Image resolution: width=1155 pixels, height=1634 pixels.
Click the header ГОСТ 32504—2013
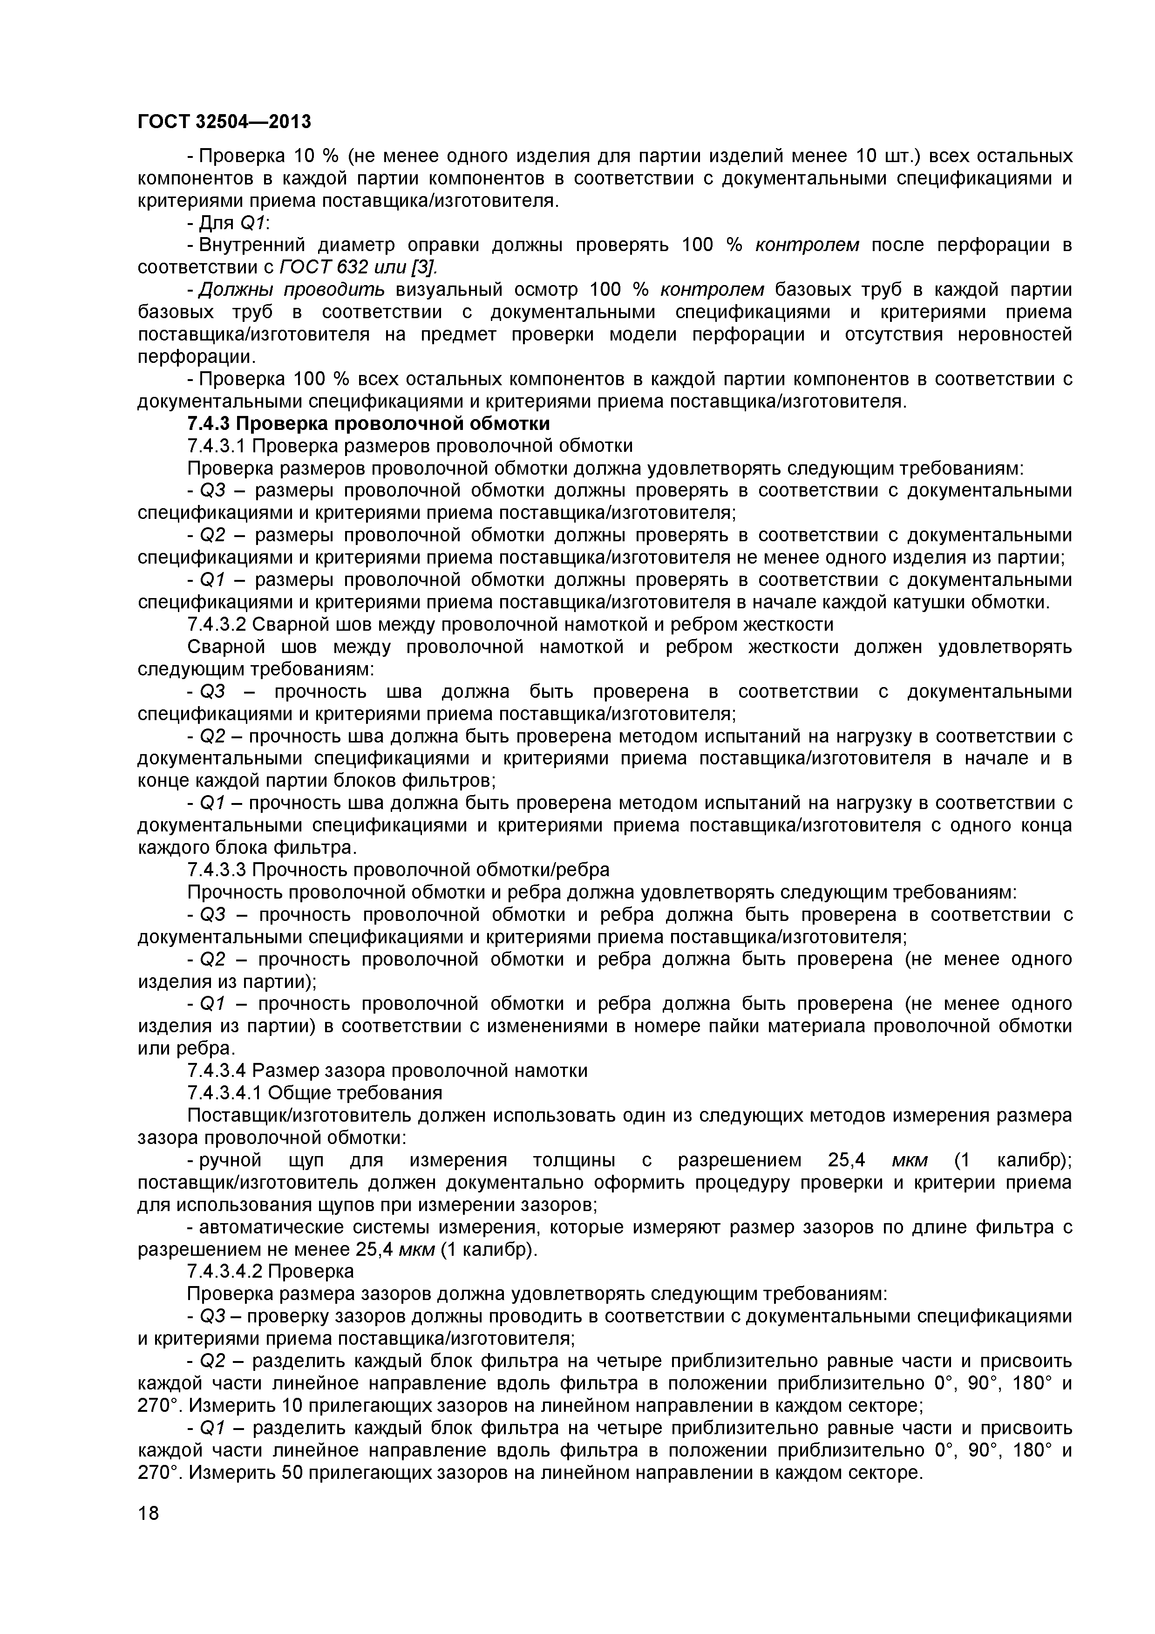224,122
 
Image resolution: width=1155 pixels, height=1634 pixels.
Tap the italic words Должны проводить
292,290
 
